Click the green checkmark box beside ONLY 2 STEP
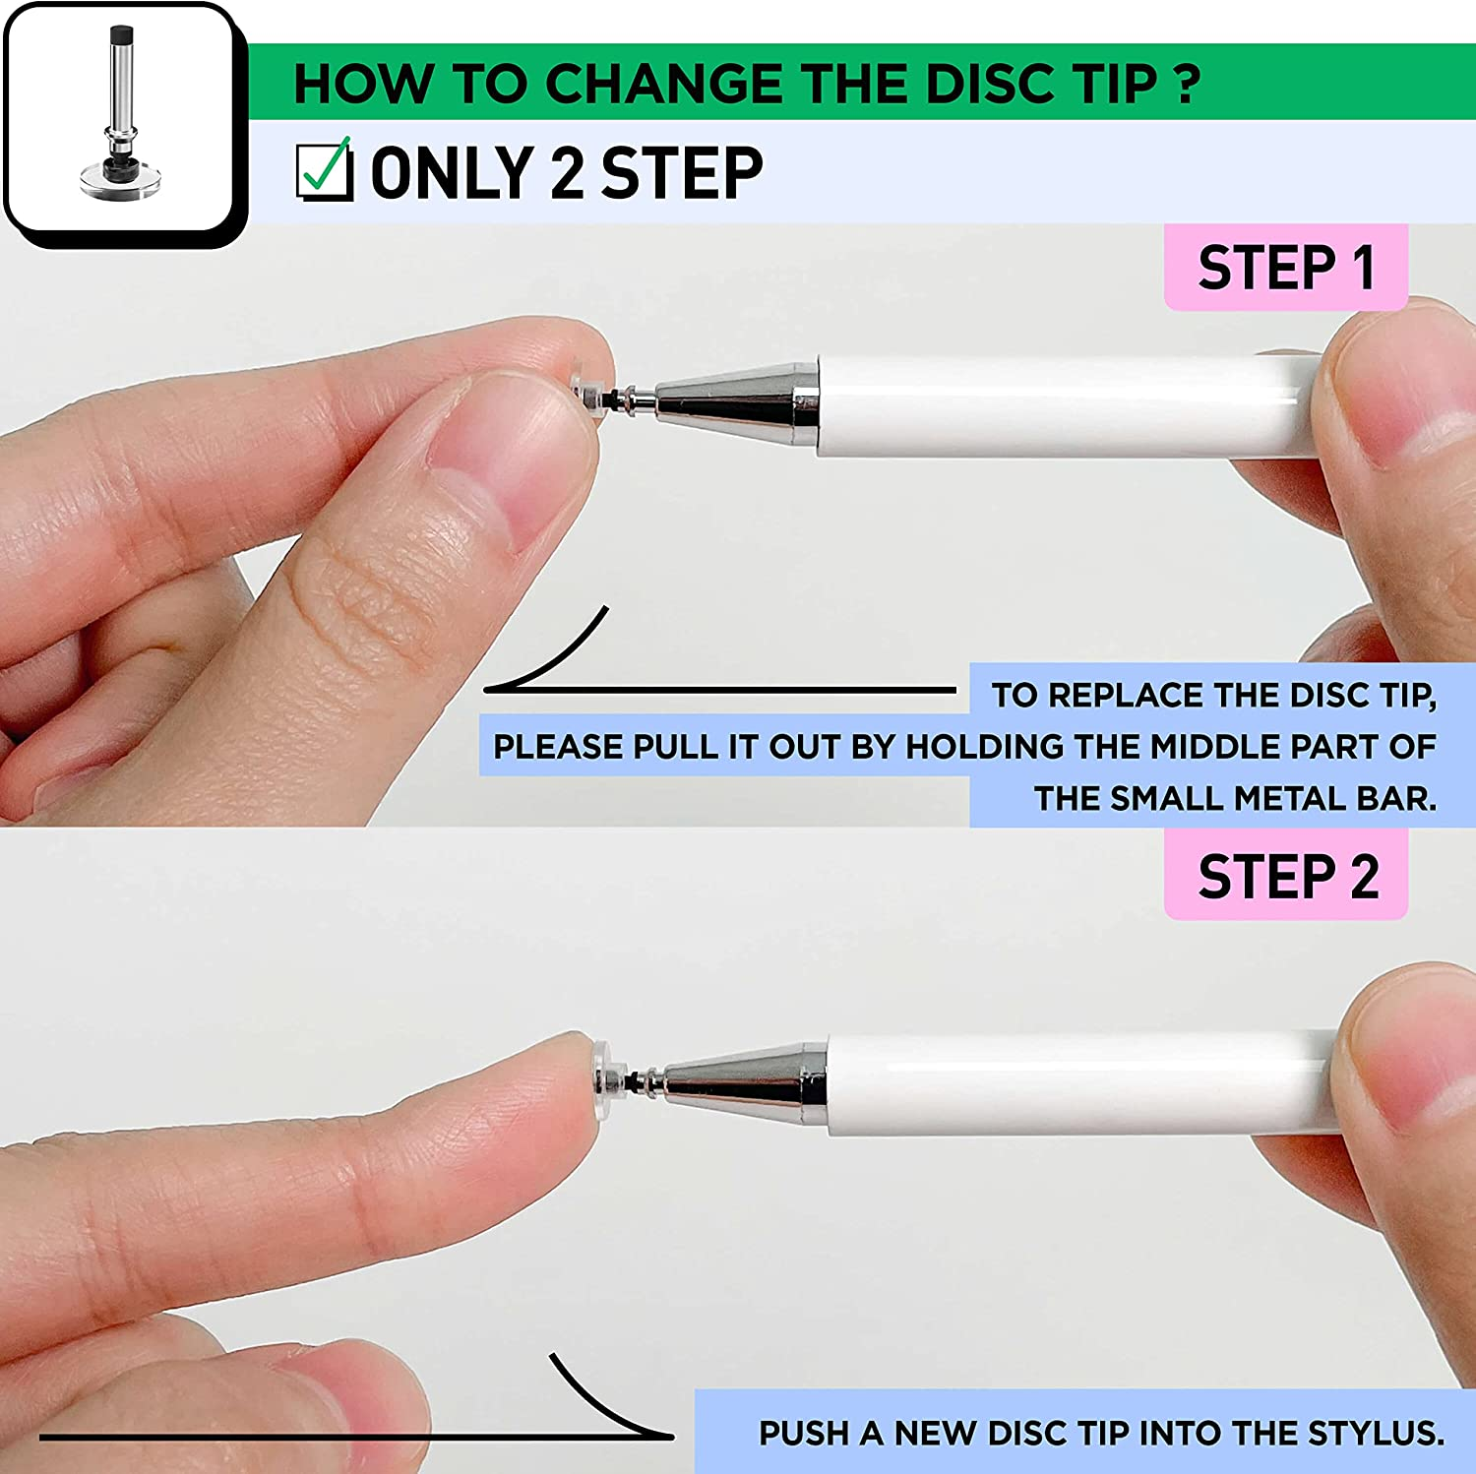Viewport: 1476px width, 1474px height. (325, 171)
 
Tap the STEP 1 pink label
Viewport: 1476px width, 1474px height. (1285, 268)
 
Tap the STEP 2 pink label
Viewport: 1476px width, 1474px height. (1286, 876)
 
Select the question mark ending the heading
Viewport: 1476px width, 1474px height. (1188, 84)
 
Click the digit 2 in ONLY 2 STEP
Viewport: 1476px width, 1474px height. (567, 173)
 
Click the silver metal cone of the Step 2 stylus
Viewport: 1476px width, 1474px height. (748, 1082)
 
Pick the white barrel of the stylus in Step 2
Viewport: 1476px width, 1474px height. (1073, 1082)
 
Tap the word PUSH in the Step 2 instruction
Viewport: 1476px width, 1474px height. (804, 1433)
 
